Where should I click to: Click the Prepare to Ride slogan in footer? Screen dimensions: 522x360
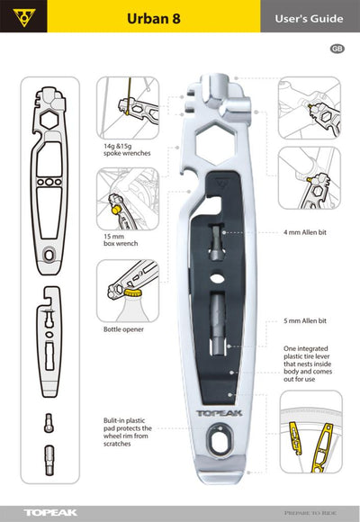click(x=313, y=512)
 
